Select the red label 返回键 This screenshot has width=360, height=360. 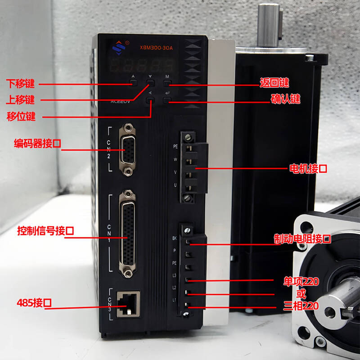tap(274, 83)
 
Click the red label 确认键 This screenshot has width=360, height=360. tap(285, 99)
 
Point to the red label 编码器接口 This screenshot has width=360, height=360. tap(37, 144)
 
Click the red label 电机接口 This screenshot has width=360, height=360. tap(307, 169)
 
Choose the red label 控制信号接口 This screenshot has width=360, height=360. tap(45, 231)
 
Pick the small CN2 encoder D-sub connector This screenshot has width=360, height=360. tap(129, 150)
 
